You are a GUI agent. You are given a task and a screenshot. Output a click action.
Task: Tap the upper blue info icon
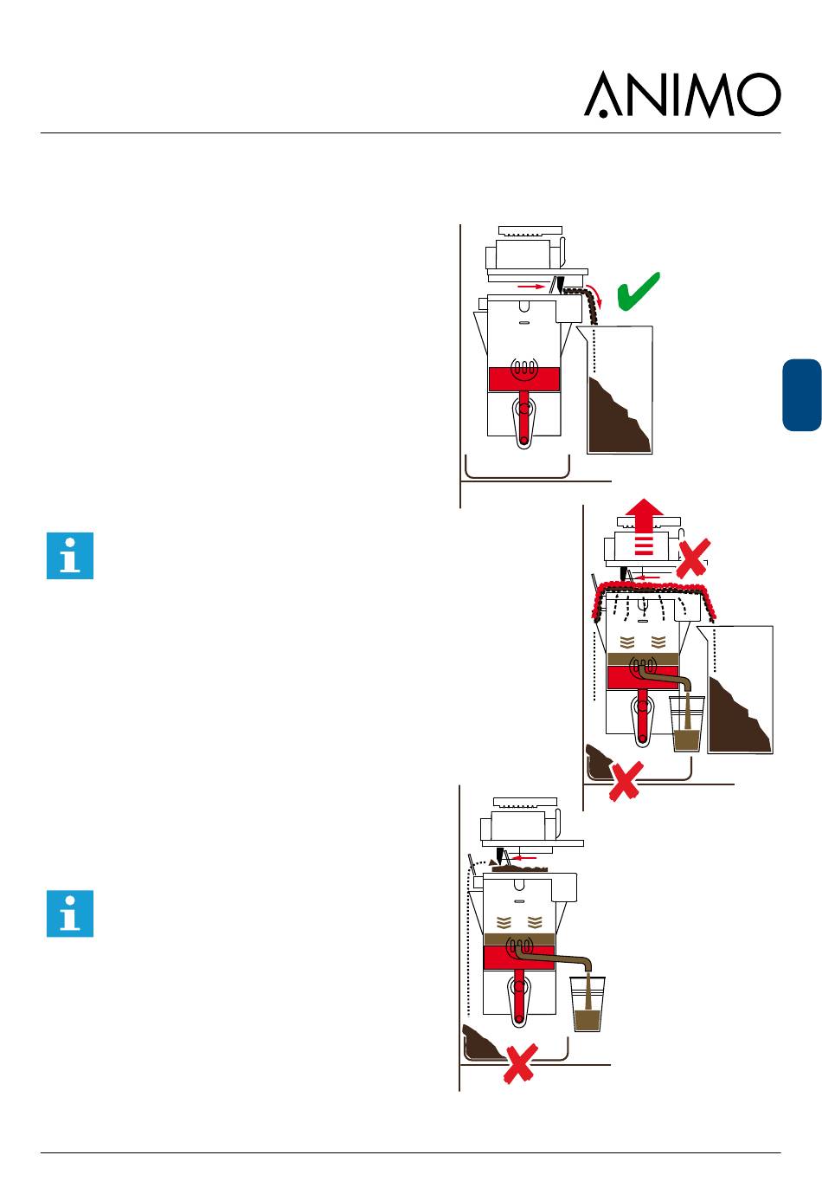tap(69, 555)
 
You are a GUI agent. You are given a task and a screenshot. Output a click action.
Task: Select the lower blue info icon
tap(69, 913)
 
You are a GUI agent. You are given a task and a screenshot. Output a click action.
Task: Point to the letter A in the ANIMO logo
tap(604, 95)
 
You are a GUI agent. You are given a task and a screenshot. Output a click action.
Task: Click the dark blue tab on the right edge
tap(801, 394)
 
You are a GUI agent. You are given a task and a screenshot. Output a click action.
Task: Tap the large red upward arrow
tap(643, 529)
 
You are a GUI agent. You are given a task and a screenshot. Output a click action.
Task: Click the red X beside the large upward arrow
tap(695, 558)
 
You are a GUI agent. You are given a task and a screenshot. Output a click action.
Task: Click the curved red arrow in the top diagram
tap(592, 298)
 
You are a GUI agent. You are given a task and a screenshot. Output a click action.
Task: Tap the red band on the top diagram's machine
tap(523, 379)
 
